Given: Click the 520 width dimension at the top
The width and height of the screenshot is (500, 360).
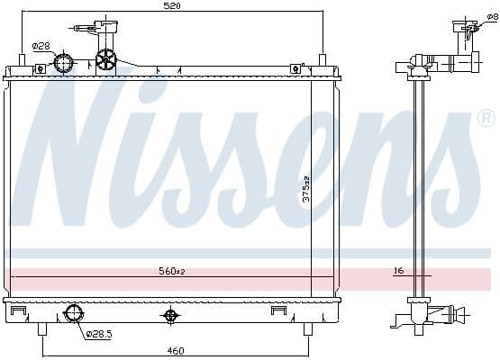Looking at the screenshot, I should pyautogui.click(x=171, y=6).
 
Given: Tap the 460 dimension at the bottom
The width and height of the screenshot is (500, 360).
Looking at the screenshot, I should pyautogui.click(x=176, y=350).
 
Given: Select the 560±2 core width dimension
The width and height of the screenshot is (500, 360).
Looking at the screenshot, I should pyautogui.click(x=171, y=270).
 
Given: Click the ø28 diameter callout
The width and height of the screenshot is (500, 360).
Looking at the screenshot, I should pyautogui.click(x=41, y=46).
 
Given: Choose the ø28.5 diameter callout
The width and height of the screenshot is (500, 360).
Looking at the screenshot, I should pyautogui.click(x=99, y=334).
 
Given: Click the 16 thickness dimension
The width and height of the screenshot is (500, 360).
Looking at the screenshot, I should pyautogui.click(x=397, y=269).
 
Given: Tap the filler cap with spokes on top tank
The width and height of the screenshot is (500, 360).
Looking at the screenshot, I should pyautogui.click(x=106, y=60).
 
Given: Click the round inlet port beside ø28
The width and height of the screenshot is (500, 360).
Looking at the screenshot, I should pyautogui.click(x=64, y=63).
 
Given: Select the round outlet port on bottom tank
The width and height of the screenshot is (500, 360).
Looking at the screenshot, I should pyautogui.click(x=73, y=315).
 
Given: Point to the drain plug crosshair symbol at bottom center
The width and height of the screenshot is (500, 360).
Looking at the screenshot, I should pyautogui.click(x=169, y=315).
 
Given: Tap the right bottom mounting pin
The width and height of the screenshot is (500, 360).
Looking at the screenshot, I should pyautogui.click(x=307, y=328).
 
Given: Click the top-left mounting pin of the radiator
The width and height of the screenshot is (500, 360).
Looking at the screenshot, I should pyautogui.click(x=23, y=59).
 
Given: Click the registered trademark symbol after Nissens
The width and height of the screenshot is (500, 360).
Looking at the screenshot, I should pyautogui.click(x=486, y=118).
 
